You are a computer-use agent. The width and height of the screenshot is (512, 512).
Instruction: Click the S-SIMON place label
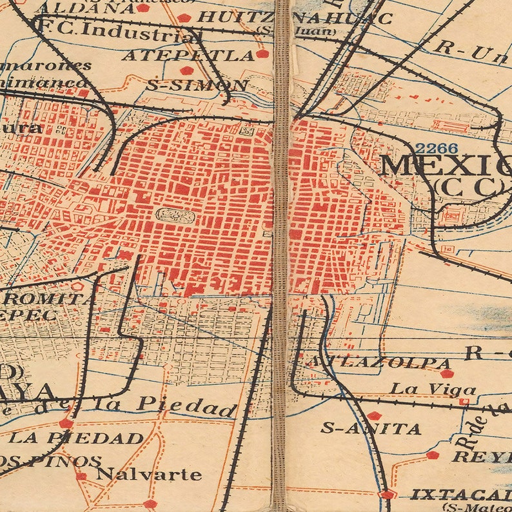(x=197, y=85)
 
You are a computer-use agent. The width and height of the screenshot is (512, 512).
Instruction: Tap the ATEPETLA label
(x=188, y=55)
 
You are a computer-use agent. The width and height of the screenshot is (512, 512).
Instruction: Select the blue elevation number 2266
(x=436, y=148)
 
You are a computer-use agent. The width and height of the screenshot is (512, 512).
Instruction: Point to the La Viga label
(x=433, y=389)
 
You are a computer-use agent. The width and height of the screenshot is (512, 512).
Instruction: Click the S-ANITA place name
(x=371, y=428)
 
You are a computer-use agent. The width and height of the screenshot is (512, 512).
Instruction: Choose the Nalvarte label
(x=148, y=475)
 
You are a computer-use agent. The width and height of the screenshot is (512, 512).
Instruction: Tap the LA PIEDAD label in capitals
(x=76, y=438)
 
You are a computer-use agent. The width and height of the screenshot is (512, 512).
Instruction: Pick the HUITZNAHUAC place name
(x=294, y=17)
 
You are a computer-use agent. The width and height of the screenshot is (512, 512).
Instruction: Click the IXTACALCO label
(x=460, y=495)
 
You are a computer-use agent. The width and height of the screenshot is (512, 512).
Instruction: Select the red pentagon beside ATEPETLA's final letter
(x=262, y=54)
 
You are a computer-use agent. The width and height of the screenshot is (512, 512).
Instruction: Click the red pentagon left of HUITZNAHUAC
(x=184, y=17)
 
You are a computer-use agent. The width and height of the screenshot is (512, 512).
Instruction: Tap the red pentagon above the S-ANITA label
(x=374, y=415)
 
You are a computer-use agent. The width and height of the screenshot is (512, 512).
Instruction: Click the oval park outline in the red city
(x=174, y=215)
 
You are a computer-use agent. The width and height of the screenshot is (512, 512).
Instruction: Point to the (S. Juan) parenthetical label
(x=296, y=30)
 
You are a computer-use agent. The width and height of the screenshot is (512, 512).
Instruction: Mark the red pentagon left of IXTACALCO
(x=387, y=495)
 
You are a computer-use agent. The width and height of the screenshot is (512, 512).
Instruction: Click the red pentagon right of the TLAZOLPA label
(x=446, y=373)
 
